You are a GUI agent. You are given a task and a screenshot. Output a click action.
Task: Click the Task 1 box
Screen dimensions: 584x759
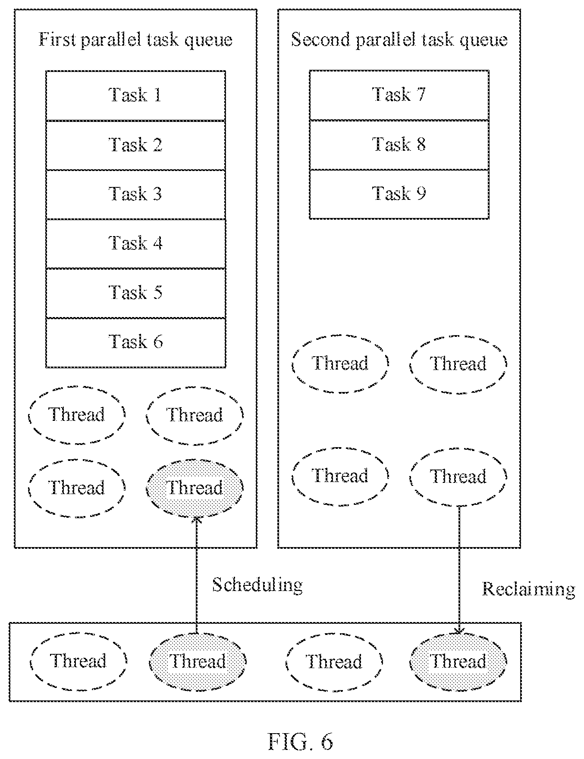coord(135,96)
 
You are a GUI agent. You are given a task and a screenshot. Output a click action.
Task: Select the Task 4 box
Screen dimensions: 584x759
coord(135,244)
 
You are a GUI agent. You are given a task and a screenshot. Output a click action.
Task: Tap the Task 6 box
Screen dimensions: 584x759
coord(135,343)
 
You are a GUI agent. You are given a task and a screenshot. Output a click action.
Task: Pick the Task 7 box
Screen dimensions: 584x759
coord(399,95)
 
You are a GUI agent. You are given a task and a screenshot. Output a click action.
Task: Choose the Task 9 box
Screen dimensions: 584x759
coord(399,194)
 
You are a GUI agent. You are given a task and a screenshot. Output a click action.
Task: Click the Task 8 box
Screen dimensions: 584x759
coord(399,145)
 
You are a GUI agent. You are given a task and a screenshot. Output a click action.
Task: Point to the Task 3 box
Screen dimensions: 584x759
coord(135,194)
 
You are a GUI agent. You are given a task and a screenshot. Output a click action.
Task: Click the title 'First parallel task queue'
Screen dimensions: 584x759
coord(135,40)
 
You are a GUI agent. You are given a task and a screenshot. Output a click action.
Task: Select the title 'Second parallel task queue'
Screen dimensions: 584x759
coord(399,40)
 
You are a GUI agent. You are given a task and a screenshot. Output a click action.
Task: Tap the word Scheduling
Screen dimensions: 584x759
coord(257,585)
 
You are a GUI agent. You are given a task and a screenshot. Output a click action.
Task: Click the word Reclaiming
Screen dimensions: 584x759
coord(528,589)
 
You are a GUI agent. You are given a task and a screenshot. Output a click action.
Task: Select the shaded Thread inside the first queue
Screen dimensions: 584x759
coord(195,488)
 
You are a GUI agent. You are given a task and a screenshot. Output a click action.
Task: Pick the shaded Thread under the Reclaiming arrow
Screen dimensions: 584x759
coord(458,661)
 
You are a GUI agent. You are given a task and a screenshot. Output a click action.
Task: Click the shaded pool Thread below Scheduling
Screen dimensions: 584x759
coord(198,661)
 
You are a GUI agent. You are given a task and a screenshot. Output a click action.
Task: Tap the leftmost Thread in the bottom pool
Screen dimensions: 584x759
coord(78,661)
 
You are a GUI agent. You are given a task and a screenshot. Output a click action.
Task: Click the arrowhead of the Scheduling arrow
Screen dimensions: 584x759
coord(197,519)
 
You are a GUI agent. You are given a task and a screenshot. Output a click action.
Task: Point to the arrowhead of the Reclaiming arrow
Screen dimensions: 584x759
coord(459,631)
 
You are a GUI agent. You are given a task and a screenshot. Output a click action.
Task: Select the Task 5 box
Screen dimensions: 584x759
coord(135,293)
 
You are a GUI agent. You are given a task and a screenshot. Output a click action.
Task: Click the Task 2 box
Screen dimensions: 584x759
coord(135,145)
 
